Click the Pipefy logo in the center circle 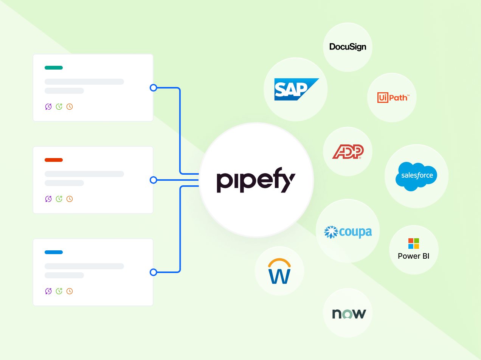[256, 182]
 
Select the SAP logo [295, 89]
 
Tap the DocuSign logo [348, 47]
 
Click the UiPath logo [392, 98]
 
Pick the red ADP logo [348, 152]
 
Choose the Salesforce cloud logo [416, 176]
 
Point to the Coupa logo [348, 231]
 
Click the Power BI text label [413, 256]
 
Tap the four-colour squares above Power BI [413, 244]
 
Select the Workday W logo [279, 272]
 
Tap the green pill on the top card [54, 68]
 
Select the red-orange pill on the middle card [54, 160]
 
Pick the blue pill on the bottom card [54, 252]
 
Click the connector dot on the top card [153, 88]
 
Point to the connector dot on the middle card [153, 180]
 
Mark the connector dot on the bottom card [153, 272]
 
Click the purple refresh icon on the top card [48, 107]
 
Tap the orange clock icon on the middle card [70, 199]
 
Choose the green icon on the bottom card [59, 291]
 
